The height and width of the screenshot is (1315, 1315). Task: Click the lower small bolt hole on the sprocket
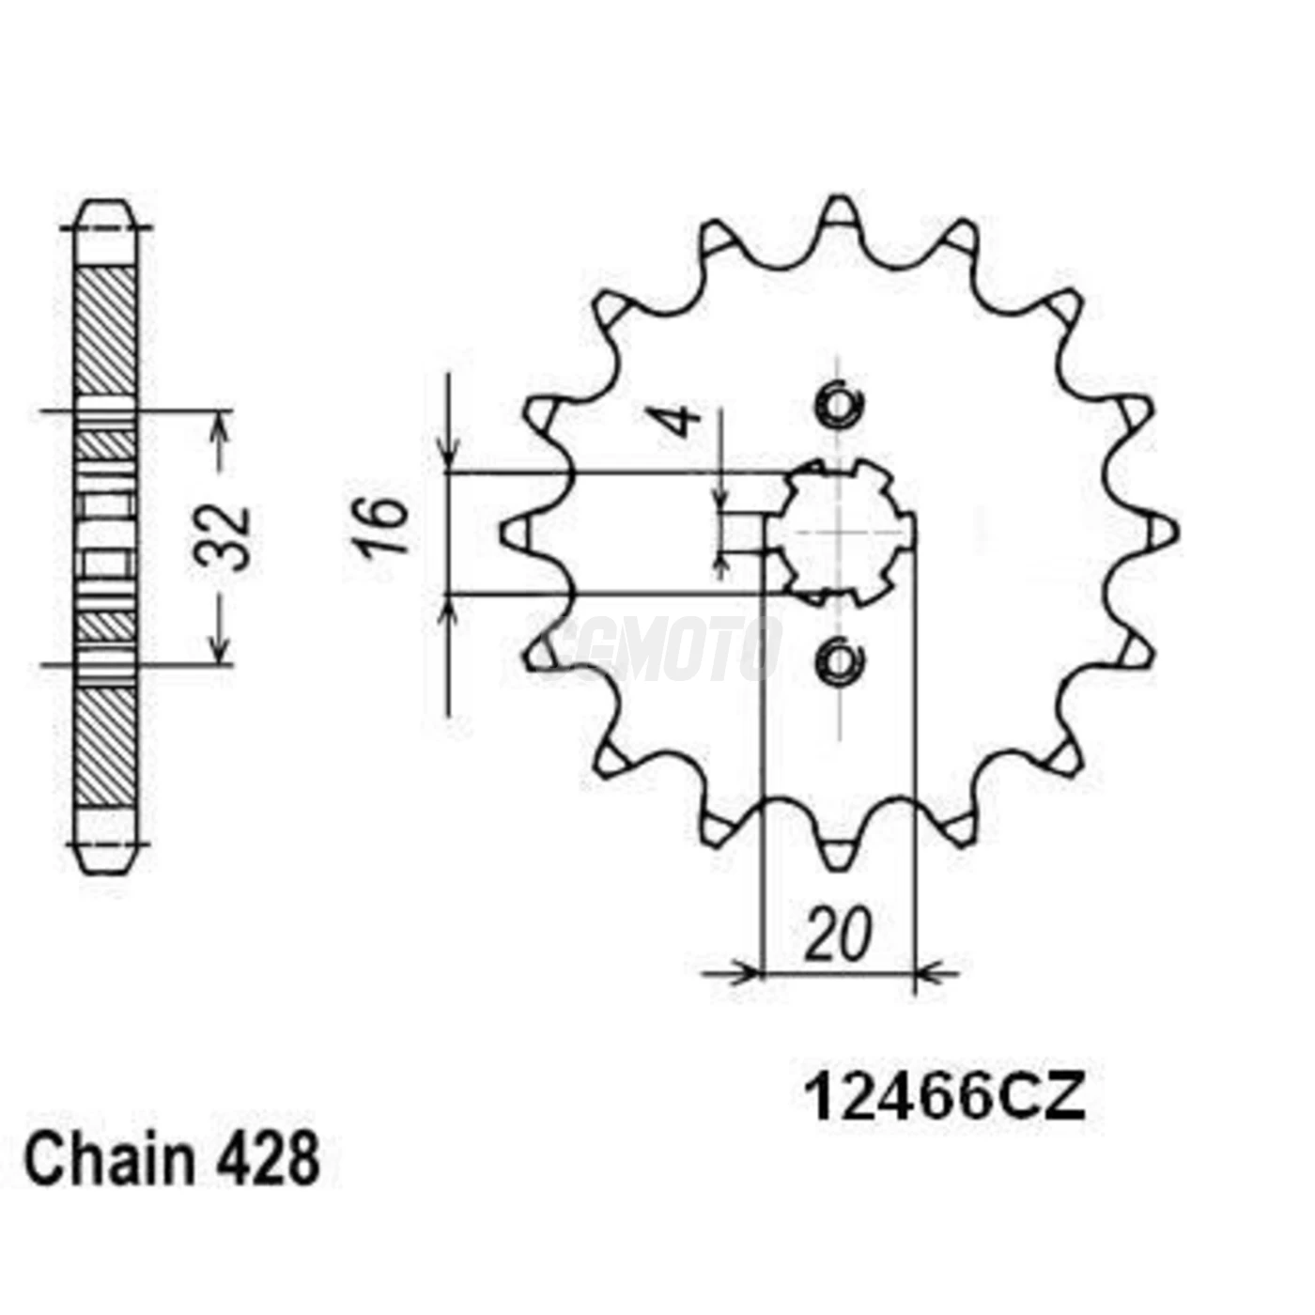[x=837, y=660]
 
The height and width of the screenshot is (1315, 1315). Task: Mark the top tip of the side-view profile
[x=105, y=205]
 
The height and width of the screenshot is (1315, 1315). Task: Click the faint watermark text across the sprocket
[x=662, y=648]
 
